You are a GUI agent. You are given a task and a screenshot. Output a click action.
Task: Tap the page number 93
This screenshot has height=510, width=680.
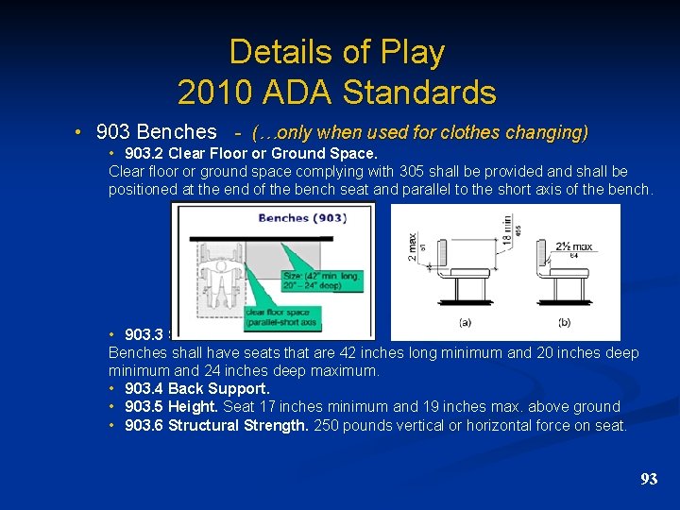point(648,479)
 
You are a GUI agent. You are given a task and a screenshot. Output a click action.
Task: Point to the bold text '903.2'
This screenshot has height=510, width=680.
point(144,153)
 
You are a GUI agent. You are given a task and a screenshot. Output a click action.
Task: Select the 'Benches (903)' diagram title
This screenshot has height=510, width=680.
point(302,218)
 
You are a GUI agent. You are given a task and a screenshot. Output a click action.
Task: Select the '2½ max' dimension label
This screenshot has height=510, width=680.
point(572,246)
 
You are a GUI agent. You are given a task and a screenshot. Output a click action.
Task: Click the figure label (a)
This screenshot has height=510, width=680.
point(465,322)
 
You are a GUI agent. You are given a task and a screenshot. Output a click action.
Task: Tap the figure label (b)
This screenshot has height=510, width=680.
point(565,322)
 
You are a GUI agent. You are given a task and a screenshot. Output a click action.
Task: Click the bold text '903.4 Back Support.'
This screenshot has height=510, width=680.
point(196,388)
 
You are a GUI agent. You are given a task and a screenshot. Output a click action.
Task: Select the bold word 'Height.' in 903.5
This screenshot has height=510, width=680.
point(194,406)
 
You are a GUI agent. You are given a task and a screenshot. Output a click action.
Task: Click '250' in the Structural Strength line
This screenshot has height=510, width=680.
point(326,425)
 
